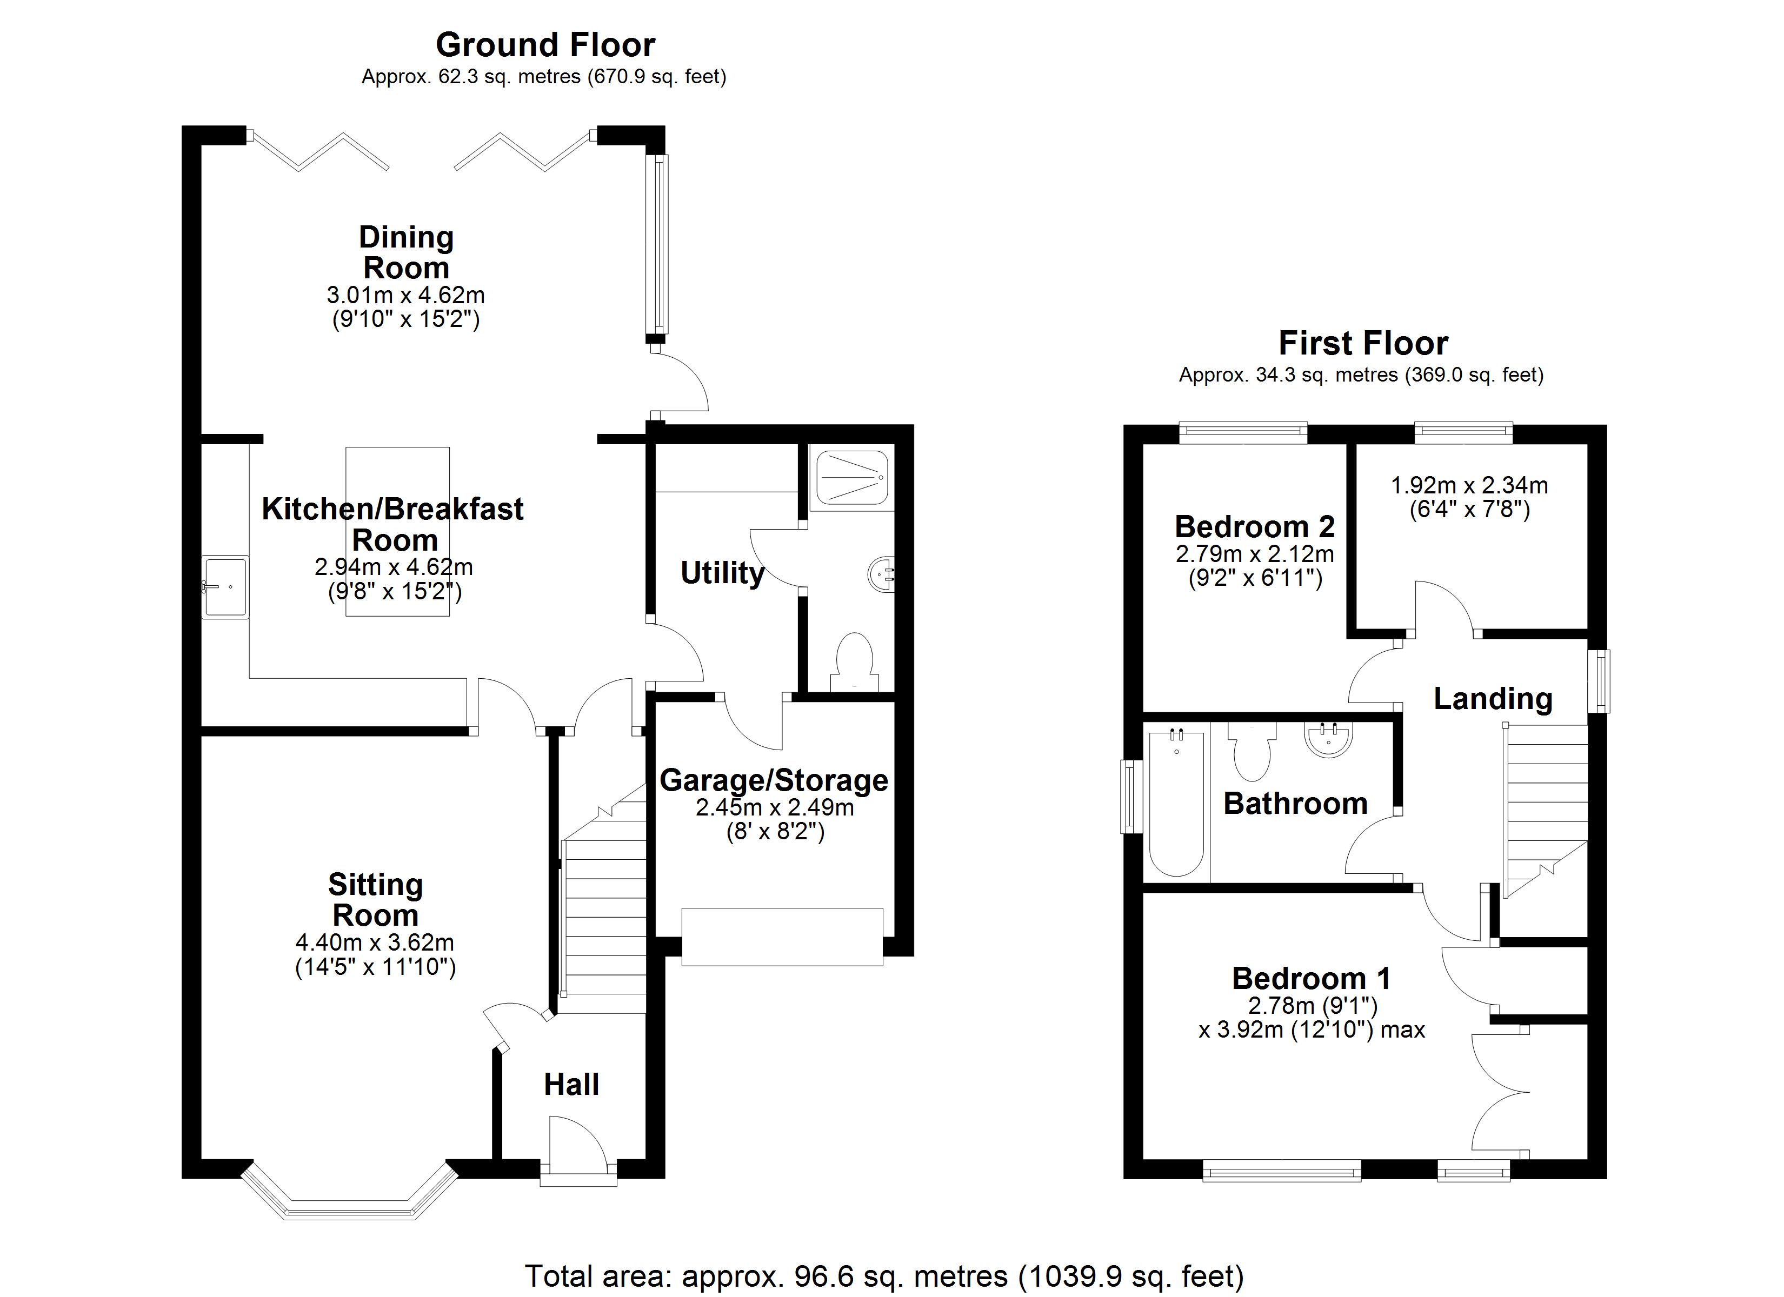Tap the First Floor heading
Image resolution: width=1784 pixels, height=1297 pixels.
click(x=1363, y=343)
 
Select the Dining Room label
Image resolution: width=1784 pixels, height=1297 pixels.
click(x=406, y=252)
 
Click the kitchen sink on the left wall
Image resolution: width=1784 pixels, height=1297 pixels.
click(x=226, y=587)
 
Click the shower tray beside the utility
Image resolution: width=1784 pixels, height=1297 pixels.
click(x=853, y=477)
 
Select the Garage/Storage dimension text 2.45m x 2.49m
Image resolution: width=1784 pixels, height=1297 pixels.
click(x=775, y=807)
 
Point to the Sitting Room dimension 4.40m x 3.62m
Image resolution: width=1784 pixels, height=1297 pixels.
click(x=375, y=942)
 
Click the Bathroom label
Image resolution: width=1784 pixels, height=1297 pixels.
click(x=1295, y=803)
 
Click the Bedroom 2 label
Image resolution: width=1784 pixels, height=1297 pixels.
click(x=1255, y=526)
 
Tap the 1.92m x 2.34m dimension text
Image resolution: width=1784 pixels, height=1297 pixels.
click(x=1469, y=485)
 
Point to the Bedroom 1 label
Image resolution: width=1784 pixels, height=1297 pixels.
click(x=1312, y=979)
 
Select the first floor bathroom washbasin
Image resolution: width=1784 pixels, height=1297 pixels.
click(x=1329, y=739)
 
